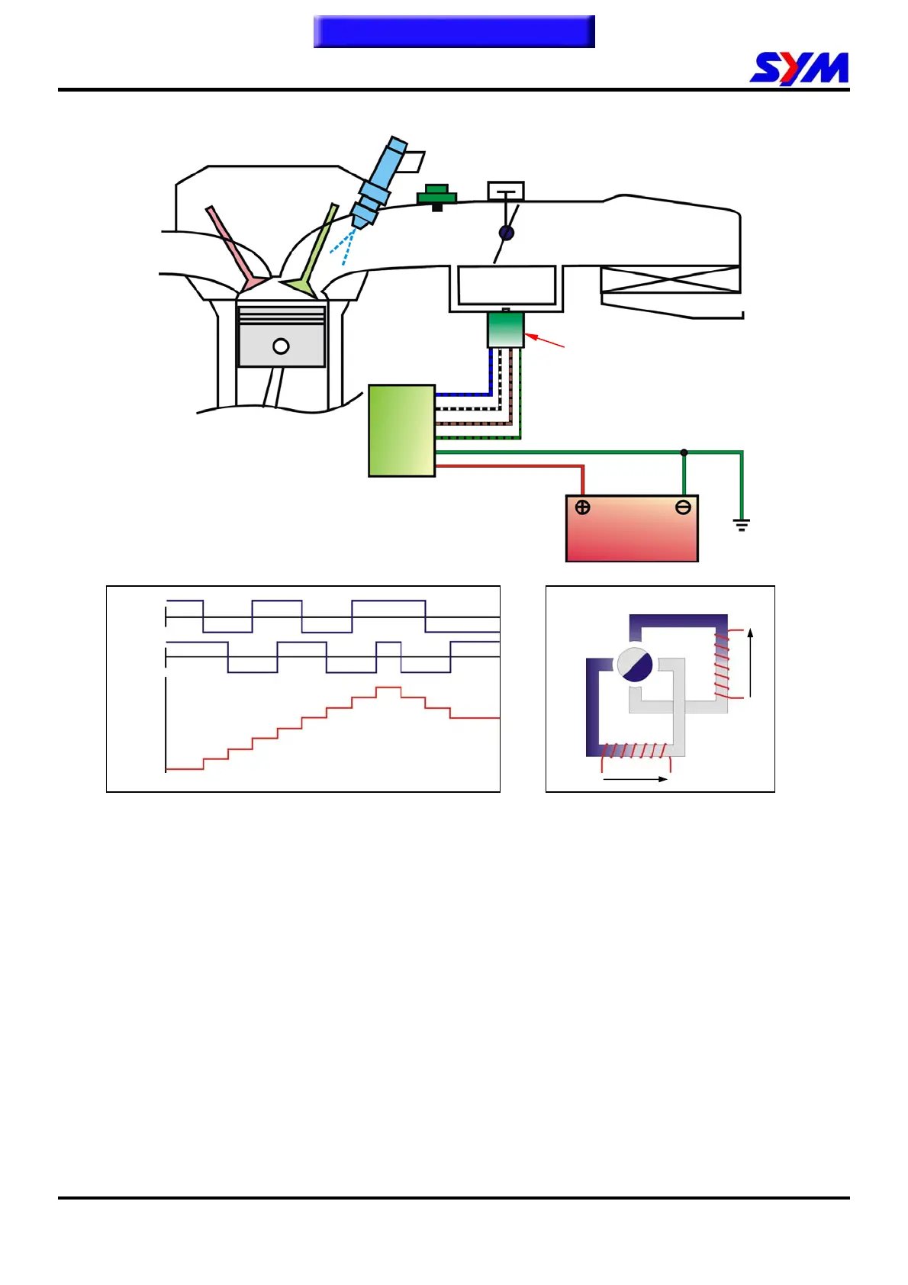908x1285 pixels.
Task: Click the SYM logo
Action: [799, 69]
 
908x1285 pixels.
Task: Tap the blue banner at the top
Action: [454, 32]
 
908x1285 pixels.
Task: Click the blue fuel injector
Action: [379, 181]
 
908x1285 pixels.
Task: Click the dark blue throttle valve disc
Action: [506, 233]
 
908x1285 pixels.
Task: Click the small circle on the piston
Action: [281, 346]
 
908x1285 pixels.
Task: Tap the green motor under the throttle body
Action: [505, 330]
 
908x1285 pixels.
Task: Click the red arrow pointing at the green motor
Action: [544, 340]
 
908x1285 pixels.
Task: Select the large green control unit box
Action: [401, 431]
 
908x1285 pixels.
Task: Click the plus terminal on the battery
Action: [583, 507]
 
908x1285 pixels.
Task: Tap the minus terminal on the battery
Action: [683, 507]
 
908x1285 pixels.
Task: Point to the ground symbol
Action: [741, 524]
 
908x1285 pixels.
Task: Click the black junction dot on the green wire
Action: [684, 452]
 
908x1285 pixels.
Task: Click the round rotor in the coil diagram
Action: [635, 665]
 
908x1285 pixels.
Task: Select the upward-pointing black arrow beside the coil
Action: [751, 662]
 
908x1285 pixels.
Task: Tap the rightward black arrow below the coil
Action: [635, 779]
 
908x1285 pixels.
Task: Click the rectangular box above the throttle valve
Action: [506, 190]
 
